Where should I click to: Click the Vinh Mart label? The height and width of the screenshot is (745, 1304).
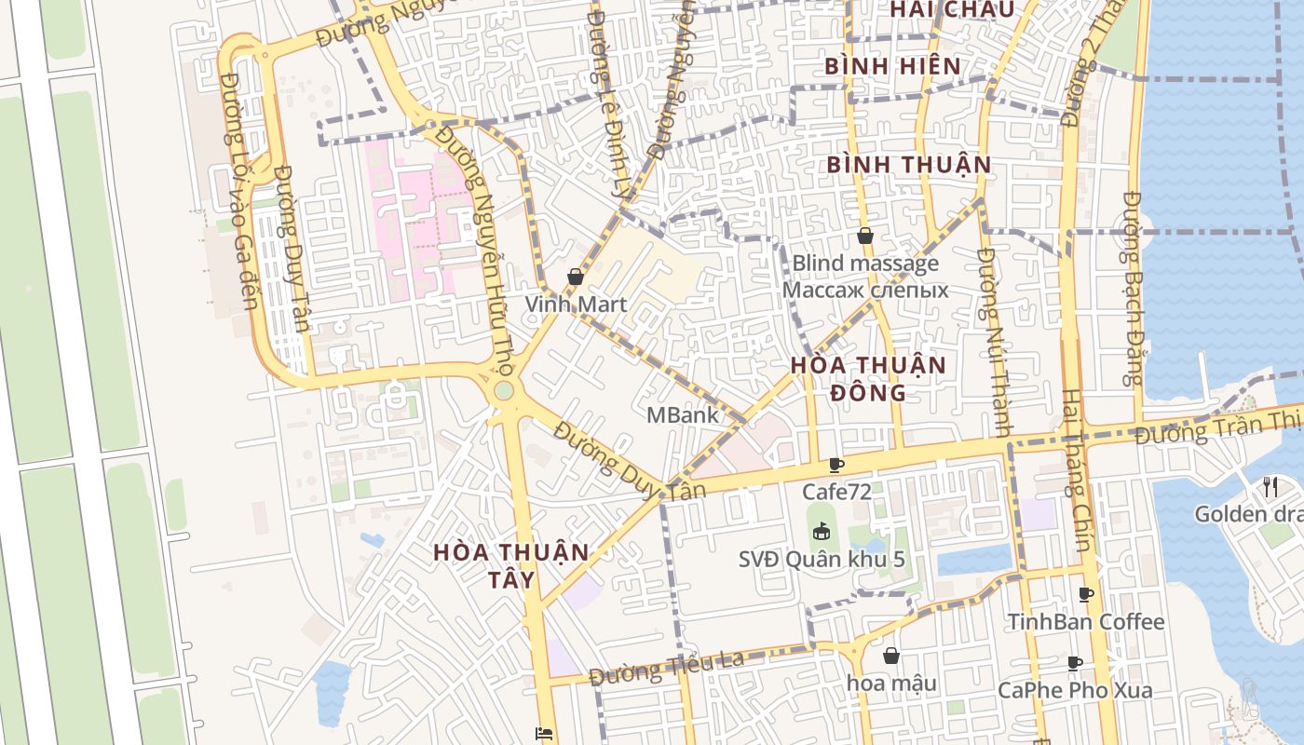click(575, 305)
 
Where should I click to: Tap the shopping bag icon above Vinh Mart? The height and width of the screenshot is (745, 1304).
click(576, 277)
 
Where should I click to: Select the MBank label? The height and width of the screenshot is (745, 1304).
click(683, 415)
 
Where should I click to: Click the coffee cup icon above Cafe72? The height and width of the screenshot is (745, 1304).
click(836, 465)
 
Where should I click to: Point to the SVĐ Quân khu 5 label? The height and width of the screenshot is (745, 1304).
click(822, 560)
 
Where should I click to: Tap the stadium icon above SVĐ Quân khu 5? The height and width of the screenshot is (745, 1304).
click(821, 532)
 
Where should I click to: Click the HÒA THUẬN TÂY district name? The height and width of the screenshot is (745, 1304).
click(511, 565)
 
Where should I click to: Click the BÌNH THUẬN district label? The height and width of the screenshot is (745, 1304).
click(909, 165)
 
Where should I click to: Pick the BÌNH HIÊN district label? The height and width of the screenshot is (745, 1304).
click(892, 66)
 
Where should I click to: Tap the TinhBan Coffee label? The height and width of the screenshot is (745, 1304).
click(1086, 621)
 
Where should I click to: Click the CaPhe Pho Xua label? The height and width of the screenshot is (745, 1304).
click(1074, 690)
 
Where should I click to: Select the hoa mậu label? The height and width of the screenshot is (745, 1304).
click(891, 683)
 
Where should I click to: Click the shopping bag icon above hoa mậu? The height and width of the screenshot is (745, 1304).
click(891, 656)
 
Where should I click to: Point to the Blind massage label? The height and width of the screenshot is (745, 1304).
click(865, 264)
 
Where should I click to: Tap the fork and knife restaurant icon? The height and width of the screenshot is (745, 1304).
click(1270, 485)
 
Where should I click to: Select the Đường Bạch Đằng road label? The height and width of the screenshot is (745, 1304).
click(1133, 289)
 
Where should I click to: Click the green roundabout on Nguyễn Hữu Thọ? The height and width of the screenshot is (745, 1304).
click(504, 390)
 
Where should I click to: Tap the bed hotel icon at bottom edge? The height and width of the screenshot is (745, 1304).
click(544, 734)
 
